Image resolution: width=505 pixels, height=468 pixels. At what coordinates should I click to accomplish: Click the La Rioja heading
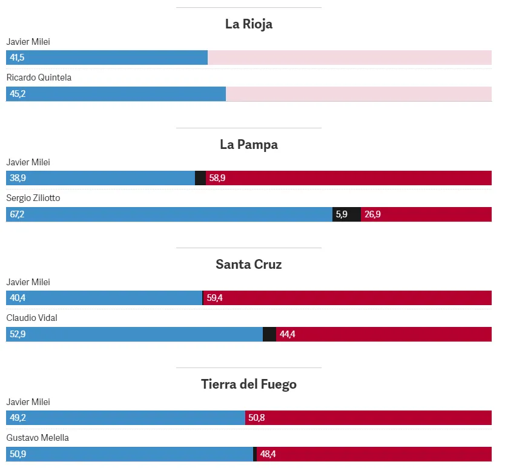click(x=248, y=24)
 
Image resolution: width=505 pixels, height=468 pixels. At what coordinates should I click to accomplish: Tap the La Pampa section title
click(x=248, y=145)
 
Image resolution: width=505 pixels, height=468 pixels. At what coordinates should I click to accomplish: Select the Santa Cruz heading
click(x=248, y=265)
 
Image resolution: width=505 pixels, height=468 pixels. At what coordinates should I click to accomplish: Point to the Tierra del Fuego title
click(x=248, y=384)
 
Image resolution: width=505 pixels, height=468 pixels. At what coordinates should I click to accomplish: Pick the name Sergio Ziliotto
click(x=33, y=198)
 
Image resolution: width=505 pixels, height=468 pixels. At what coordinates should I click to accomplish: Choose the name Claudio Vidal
click(x=31, y=318)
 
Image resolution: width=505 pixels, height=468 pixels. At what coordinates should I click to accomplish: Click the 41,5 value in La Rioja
click(x=18, y=58)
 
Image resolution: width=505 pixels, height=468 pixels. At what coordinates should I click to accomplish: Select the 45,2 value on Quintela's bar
click(x=18, y=94)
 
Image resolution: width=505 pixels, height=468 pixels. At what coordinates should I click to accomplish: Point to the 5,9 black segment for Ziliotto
click(x=342, y=214)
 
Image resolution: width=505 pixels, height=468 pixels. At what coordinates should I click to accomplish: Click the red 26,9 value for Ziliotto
click(x=372, y=214)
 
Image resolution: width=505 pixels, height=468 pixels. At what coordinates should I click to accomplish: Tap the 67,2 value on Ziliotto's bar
click(x=18, y=214)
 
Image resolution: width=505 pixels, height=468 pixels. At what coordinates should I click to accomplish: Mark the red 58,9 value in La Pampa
click(x=217, y=178)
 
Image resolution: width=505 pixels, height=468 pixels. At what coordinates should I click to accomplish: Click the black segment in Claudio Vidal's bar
click(x=269, y=334)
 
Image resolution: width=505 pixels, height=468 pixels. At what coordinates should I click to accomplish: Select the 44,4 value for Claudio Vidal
click(x=288, y=334)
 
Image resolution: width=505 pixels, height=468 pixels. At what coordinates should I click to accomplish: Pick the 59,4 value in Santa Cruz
click(x=215, y=298)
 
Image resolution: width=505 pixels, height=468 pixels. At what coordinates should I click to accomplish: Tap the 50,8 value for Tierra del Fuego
click(x=257, y=418)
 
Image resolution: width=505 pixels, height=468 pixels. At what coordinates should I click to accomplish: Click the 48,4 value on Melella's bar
click(x=268, y=454)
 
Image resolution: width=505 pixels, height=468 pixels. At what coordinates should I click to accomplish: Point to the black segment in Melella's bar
click(x=255, y=454)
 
